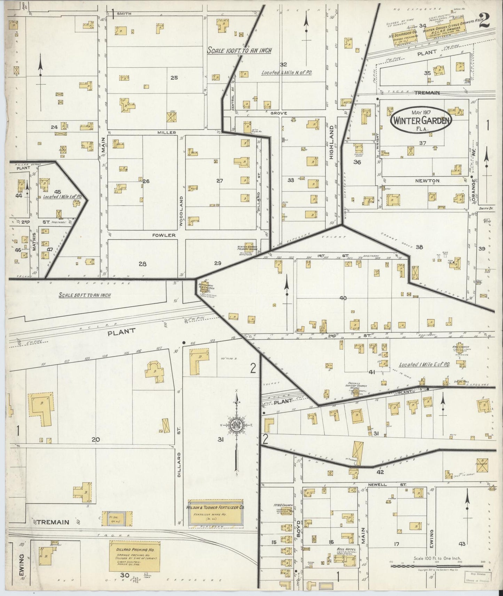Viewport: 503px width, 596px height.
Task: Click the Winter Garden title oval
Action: point(421,120)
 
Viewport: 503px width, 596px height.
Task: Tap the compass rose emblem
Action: point(237,426)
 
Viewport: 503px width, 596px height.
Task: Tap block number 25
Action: point(174,78)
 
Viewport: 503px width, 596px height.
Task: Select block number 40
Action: point(343,298)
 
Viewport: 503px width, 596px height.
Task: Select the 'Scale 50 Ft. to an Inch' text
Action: point(85,295)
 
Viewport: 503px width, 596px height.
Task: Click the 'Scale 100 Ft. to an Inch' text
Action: point(239,50)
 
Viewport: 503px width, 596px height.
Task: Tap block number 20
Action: point(96,440)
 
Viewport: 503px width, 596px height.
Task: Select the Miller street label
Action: point(167,132)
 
